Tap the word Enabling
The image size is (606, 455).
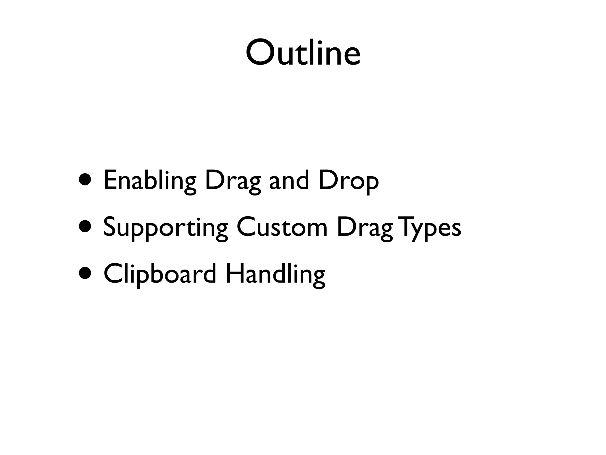tap(150, 180)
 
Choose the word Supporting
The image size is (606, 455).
tap(165, 227)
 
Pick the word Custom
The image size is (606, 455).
tap(282, 227)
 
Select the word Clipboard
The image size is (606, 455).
tap(160, 274)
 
